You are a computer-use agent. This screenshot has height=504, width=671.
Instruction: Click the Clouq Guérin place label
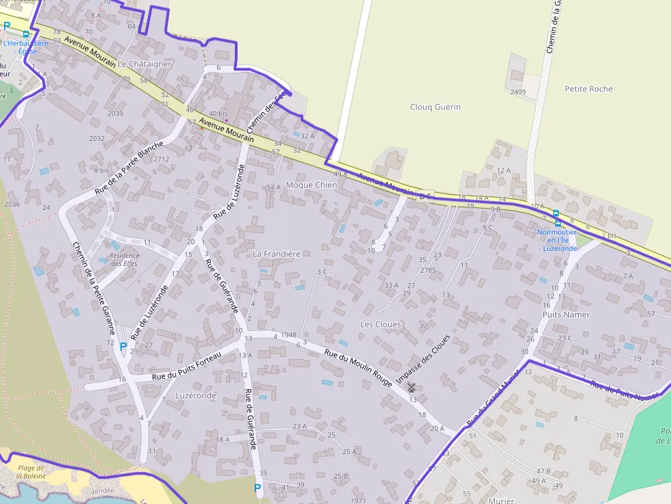tap(435, 107)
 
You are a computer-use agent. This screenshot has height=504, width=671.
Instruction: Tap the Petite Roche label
tap(588, 89)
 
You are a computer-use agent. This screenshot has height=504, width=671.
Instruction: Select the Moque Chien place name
tap(311, 185)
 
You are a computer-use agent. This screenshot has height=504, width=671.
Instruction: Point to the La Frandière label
tap(277, 254)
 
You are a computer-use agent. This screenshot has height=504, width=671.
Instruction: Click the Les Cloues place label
tap(381, 324)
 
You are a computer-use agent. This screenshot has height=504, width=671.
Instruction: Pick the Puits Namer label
tap(566, 315)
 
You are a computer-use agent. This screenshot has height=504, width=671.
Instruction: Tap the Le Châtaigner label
tap(144, 64)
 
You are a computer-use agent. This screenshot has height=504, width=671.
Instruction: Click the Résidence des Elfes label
tap(125, 260)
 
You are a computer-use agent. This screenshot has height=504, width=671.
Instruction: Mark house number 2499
tap(518, 92)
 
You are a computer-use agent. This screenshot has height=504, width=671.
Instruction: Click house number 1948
tap(288, 336)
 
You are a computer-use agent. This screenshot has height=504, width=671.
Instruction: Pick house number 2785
tap(428, 271)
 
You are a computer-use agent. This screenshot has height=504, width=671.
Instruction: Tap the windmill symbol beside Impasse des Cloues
tap(412, 388)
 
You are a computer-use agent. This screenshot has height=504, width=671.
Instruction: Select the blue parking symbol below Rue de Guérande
tap(257, 488)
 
